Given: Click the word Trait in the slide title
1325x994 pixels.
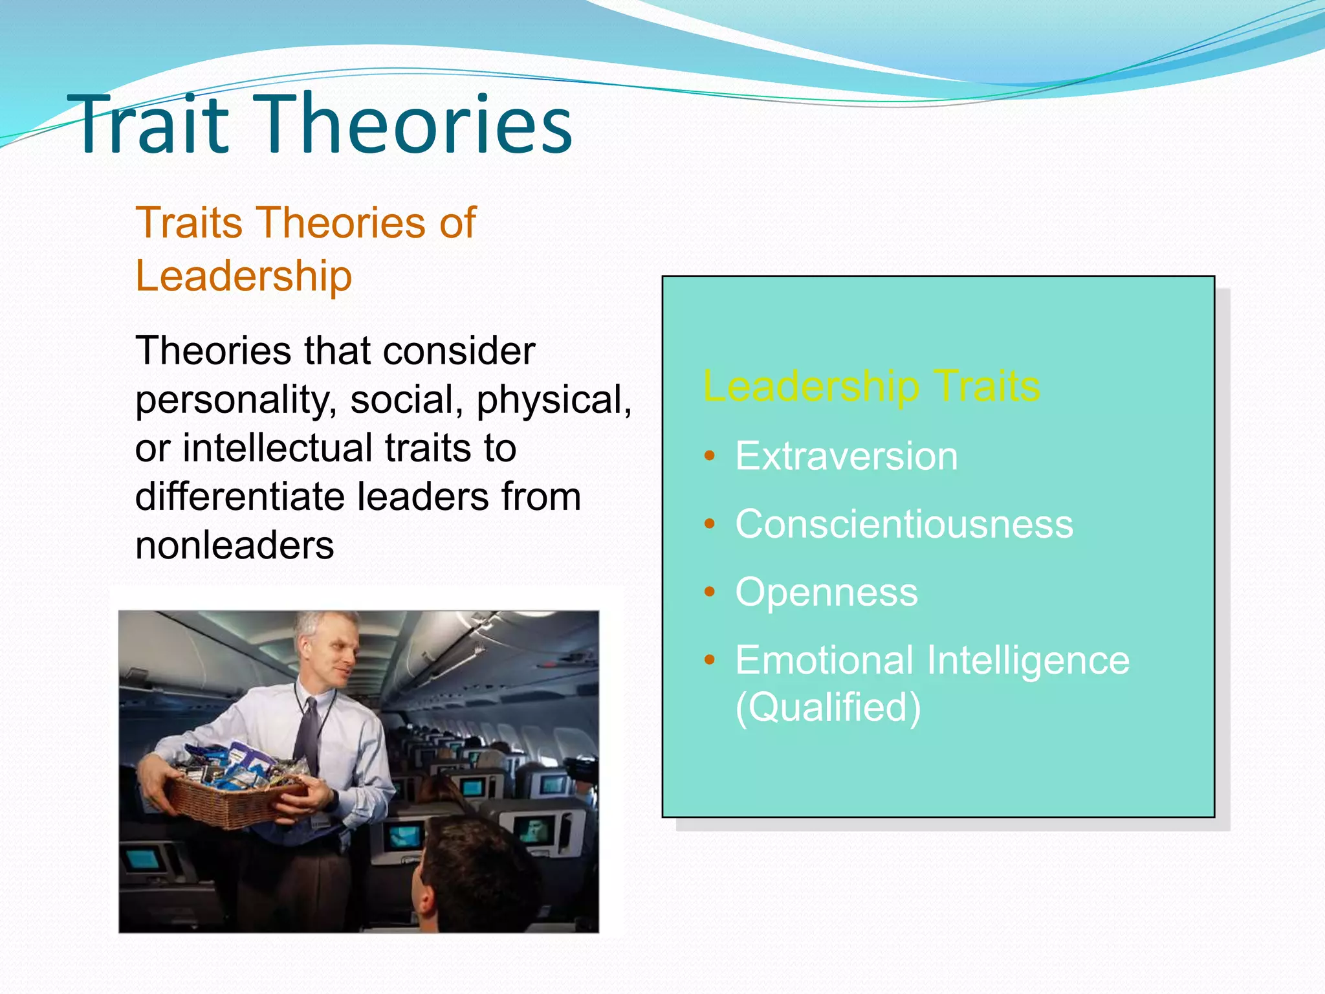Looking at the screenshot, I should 153,124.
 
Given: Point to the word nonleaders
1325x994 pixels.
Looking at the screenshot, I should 234,545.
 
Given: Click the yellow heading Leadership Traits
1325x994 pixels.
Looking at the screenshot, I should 871,386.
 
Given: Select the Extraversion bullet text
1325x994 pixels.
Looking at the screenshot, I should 846,456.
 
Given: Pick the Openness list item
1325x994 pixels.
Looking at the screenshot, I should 826,592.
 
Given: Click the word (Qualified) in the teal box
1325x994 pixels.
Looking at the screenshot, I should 827,707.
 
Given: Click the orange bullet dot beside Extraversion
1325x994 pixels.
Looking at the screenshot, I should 710,456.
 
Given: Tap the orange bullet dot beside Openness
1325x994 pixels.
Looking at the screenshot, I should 710,591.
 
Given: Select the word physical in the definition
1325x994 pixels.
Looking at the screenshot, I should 553,400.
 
